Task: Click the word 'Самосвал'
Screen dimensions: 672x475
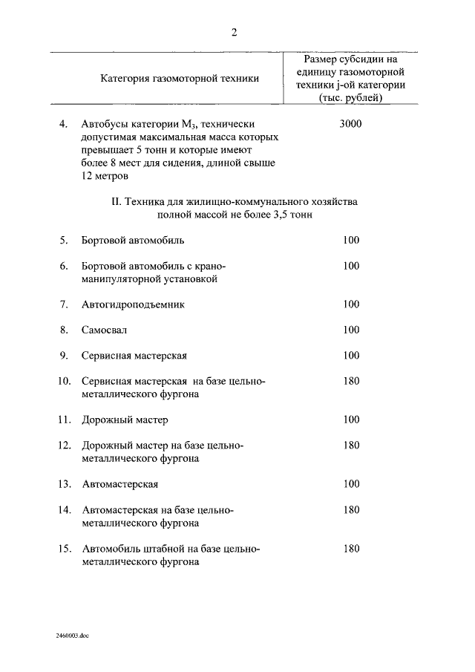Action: click(105, 330)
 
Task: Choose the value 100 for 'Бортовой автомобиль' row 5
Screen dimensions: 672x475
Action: click(351, 240)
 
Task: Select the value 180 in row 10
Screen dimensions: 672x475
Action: click(351, 381)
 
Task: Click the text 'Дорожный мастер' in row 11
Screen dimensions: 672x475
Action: click(125, 420)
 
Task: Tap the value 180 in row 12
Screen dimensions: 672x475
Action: click(351, 446)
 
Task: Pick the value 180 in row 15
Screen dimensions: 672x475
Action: click(351, 549)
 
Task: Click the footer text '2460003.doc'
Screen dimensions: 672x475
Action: click(71, 636)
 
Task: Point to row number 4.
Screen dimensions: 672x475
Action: click(64, 124)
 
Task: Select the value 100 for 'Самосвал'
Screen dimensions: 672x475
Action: click(351, 330)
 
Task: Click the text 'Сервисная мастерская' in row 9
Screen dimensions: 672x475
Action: click(134, 355)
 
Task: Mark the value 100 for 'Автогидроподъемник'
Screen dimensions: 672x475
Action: click(351, 304)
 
